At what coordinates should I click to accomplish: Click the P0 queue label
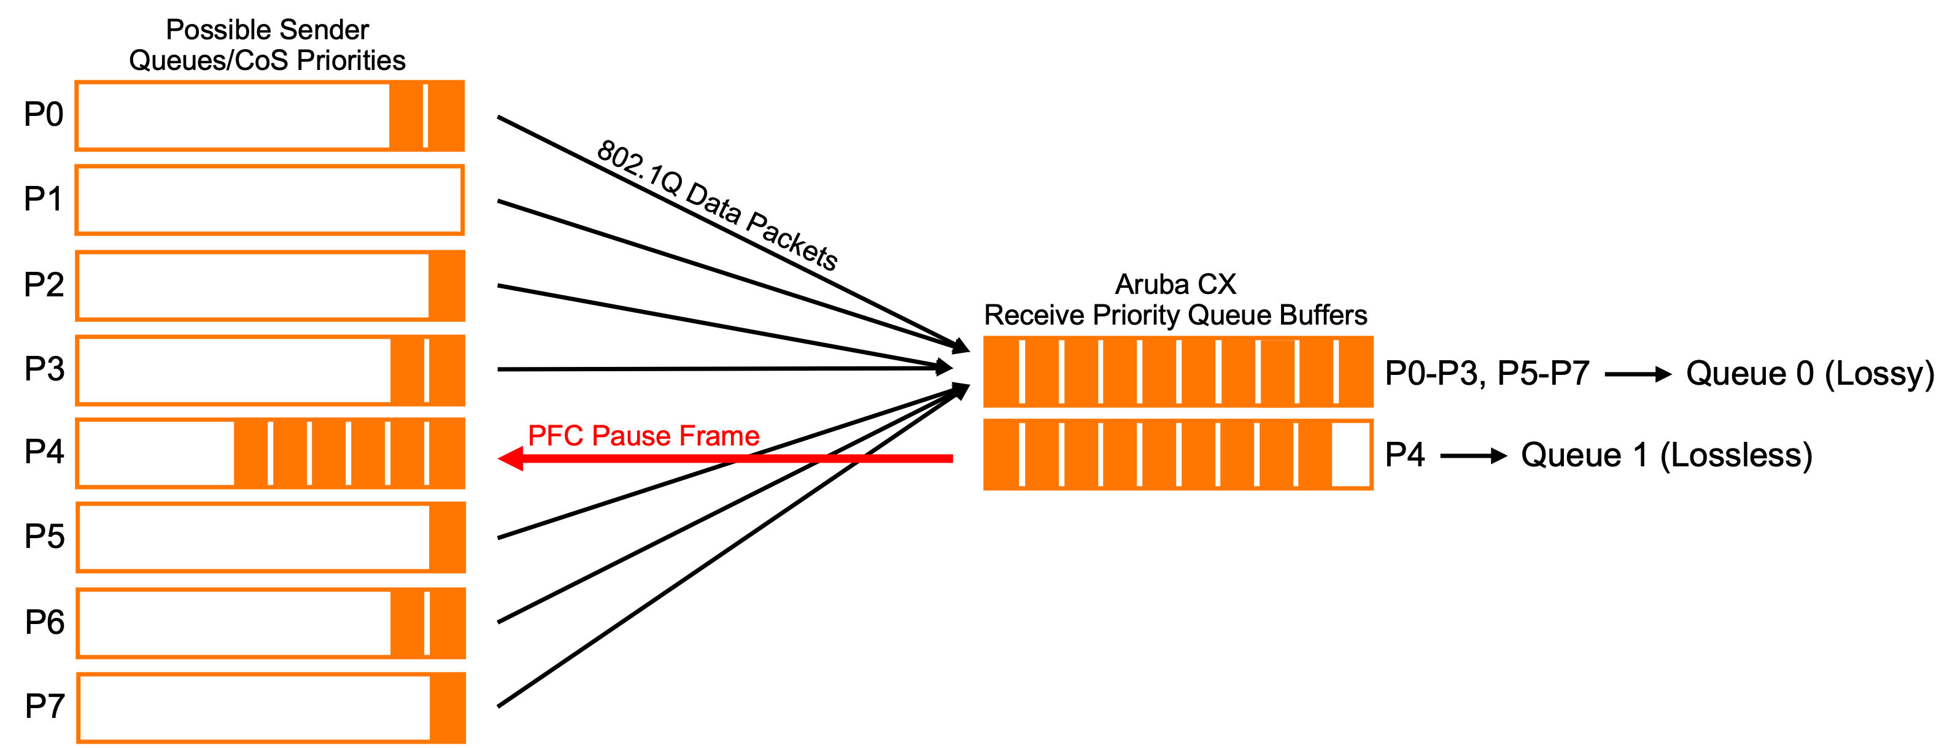tap(44, 115)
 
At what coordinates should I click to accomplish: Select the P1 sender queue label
tap(44, 199)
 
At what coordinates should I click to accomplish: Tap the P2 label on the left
tap(44, 285)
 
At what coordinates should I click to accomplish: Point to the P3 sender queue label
tap(44, 369)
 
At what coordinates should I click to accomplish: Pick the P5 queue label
tap(44, 537)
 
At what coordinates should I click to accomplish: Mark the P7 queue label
tap(44, 707)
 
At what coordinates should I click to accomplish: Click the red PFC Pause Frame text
tap(643, 436)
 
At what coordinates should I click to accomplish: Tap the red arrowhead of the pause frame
tap(511, 458)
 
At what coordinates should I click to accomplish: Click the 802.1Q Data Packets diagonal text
tap(717, 205)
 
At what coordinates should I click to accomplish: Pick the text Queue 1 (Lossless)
tap(1666, 455)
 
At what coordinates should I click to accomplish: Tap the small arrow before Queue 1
tap(1473, 456)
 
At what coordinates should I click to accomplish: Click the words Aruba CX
tap(1175, 284)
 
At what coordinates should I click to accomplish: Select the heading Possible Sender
tap(267, 29)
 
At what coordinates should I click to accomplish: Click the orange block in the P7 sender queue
tap(447, 708)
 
